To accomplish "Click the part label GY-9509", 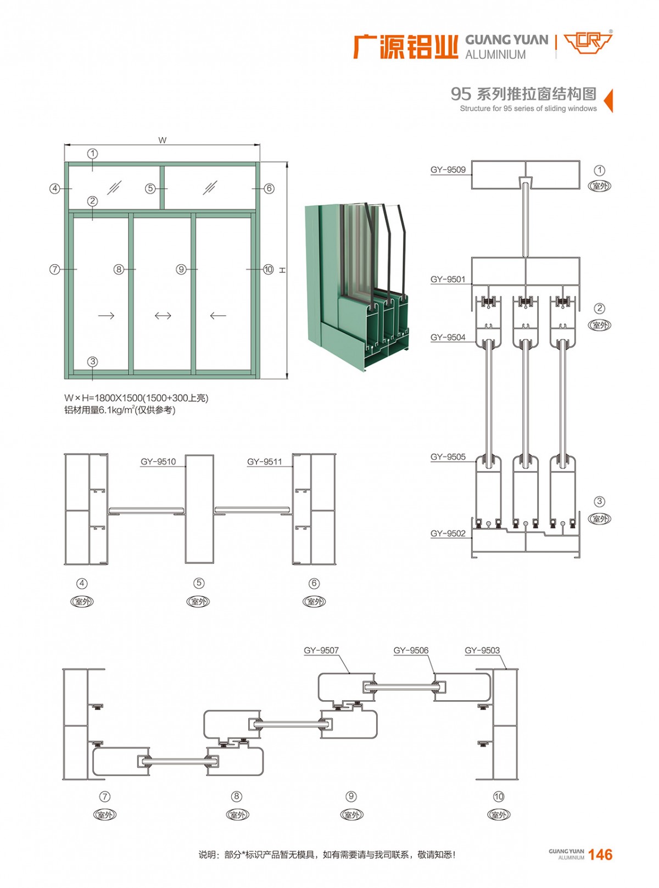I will pos(448,170).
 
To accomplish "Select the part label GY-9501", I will pos(448,280).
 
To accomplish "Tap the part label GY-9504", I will pos(448,337).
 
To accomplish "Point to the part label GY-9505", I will pos(448,457).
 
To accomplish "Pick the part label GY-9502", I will pos(448,533).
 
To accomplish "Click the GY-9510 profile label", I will pos(158,462).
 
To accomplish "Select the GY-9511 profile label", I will pos(264,462).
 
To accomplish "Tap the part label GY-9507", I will pos(321,651).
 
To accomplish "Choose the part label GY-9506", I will pos(411,651).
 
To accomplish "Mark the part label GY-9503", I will pos(482,651).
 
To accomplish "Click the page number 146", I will pos(600,855).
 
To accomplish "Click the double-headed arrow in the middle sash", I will pos(163,316).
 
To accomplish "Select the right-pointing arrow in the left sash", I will pos(106,316).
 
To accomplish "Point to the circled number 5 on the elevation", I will pos(150,188).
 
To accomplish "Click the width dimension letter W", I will pos(162,141).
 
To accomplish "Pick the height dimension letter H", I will pos(283,270).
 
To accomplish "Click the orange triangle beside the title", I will pos(608,100).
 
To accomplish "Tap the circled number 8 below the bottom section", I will pos(236,796).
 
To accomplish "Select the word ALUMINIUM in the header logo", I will pos(495,55).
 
